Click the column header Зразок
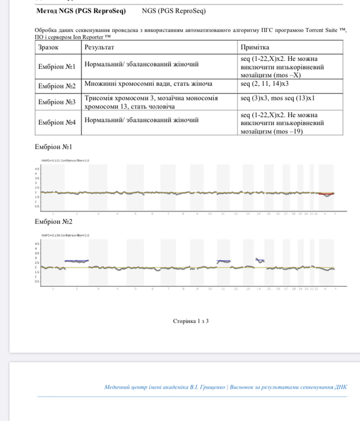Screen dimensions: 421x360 [49, 48]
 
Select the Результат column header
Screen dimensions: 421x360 [99, 48]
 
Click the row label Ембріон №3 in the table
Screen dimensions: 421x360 [57, 102]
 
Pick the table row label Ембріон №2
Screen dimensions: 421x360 [57, 85]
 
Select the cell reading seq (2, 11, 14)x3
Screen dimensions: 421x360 [265, 84]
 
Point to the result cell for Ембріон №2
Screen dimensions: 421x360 [148, 84]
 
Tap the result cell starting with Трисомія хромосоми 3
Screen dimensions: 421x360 [151, 102]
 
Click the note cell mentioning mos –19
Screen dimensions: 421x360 [282, 123]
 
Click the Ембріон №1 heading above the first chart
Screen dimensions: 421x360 [53, 147]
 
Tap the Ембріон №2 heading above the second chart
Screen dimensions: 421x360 [53, 221]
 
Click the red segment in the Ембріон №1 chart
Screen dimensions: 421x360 [326, 194]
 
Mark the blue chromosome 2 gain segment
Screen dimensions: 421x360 [76, 261]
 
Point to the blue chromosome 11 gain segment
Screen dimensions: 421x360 [223, 261]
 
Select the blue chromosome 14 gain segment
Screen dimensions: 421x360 [260, 260]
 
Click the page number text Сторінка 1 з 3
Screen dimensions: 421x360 [190, 321]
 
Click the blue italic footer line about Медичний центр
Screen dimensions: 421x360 [225, 387]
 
